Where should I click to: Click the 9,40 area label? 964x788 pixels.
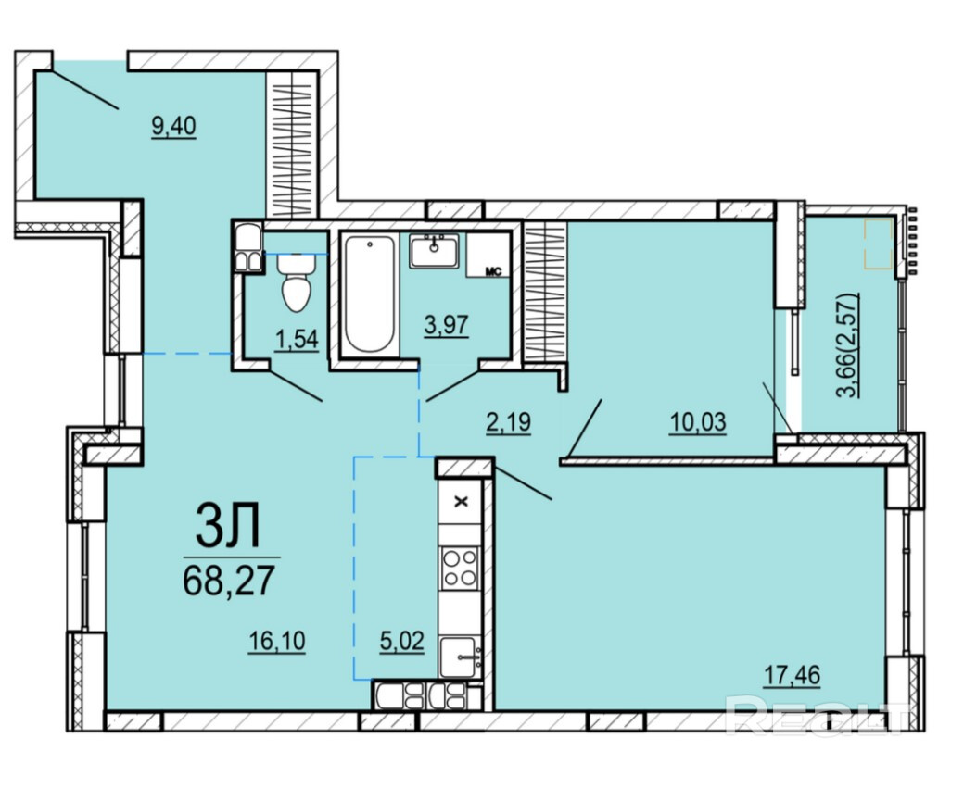[x=173, y=127]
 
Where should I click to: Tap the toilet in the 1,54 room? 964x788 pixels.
[x=298, y=282]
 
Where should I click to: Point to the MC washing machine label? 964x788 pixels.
[x=494, y=271]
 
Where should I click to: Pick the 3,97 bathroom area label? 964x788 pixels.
[x=447, y=324]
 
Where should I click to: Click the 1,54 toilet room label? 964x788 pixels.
[x=298, y=340]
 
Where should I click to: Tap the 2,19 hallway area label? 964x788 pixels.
[x=508, y=423]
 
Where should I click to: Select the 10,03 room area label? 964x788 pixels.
[x=698, y=422]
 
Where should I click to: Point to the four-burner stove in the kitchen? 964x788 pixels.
[x=461, y=569]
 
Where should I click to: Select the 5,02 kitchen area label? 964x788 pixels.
[x=402, y=642]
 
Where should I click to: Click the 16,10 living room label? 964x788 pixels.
[x=276, y=642]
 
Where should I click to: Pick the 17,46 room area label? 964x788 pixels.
[x=792, y=676]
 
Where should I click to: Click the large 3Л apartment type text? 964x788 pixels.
[x=228, y=526]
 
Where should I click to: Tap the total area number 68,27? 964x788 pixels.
[x=228, y=581]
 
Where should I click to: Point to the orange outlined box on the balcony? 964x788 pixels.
[x=878, y=244]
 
